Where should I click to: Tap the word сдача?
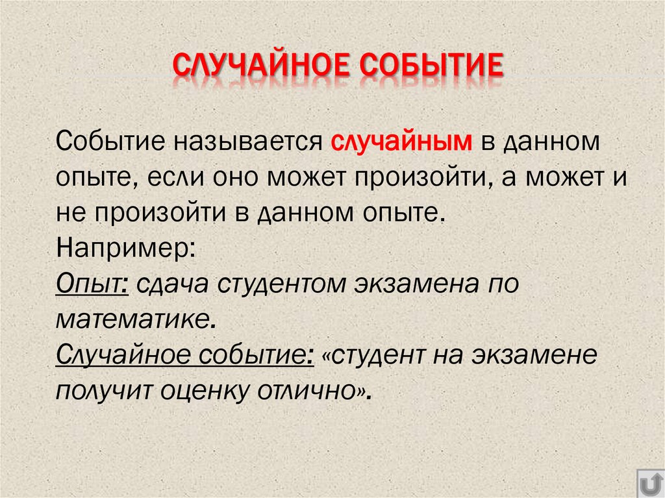[171, 284]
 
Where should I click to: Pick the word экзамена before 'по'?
[411, 284]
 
